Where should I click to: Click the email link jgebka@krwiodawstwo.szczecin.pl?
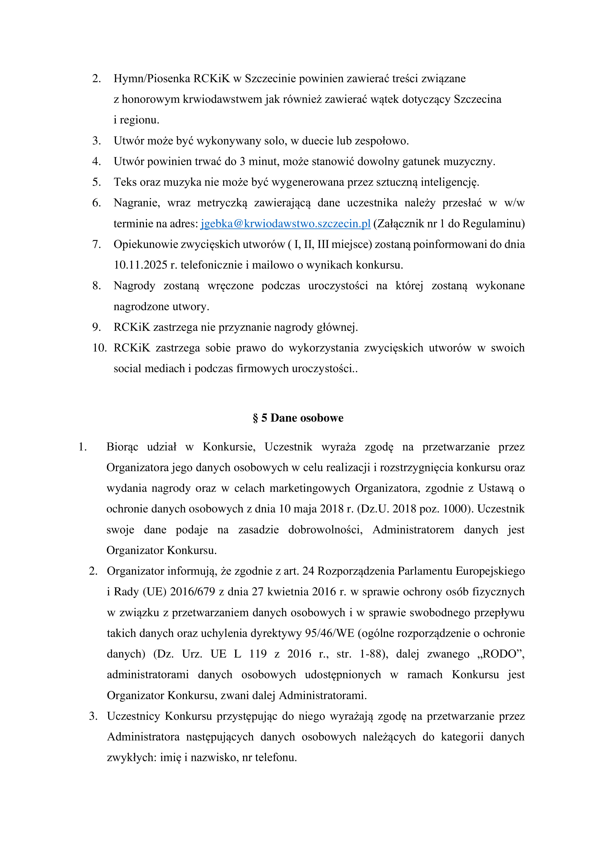click(x=285, y=224)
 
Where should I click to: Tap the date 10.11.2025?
click(x=140, y=265)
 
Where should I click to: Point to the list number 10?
click(x=99, y=348)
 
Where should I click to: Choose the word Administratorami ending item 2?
click(x=322, y=695)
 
